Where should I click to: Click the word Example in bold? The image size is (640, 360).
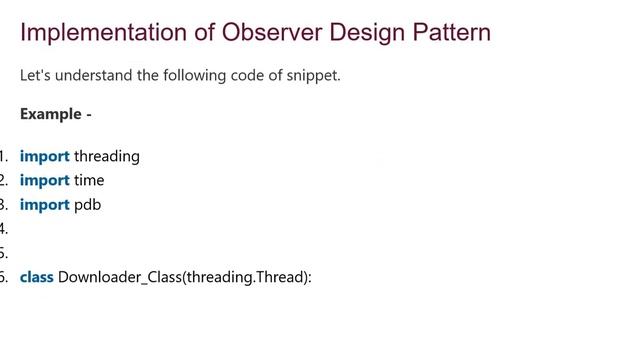click(x=50, y=114)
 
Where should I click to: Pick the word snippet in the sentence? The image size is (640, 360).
click(x=311, y=75)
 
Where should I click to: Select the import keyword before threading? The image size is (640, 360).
click(x=45, y=156)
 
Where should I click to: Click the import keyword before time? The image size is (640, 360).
click(x=45, y=180)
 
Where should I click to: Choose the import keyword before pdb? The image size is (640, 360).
click(x=45, y=205)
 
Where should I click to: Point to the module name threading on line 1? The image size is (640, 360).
click(x=107, y=156)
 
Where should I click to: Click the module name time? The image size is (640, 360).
click(x=89, y=180)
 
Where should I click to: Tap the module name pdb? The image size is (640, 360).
click(x=88, y=205)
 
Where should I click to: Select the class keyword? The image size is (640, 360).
click(x=37, y=277)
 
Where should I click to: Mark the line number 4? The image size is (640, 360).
click(x=3, y=229)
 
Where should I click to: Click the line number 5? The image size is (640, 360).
click(x=3, y=253)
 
